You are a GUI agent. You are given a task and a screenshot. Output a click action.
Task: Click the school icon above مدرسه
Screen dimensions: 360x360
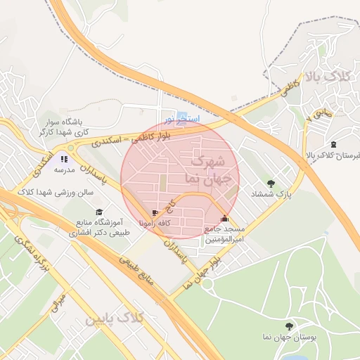pyautogui.click(x=64, y=159)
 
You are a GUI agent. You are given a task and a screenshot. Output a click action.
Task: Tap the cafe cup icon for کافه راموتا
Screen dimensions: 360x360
pyautogui.click(x=155, y=213)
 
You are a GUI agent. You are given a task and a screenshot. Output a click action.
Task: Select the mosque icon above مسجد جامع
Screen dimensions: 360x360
pyautogui.click(x=224, y=219)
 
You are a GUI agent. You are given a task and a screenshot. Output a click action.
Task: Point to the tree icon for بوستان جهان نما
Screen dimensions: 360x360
pyautogui.click(x=289, y=326)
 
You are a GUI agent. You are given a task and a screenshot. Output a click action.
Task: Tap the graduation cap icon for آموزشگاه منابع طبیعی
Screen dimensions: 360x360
pyautogui.click(x=99, y=212)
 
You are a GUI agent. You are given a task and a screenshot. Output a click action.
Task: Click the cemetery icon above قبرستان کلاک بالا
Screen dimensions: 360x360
pyautogui.click(x=333, y=144)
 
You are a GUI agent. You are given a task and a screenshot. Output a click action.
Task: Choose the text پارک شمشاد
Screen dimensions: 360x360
pyautogui.click(x=271, y=193)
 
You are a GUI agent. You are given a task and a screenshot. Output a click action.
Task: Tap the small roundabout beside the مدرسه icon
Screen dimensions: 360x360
pyautogui.click(x=71, y=148)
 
